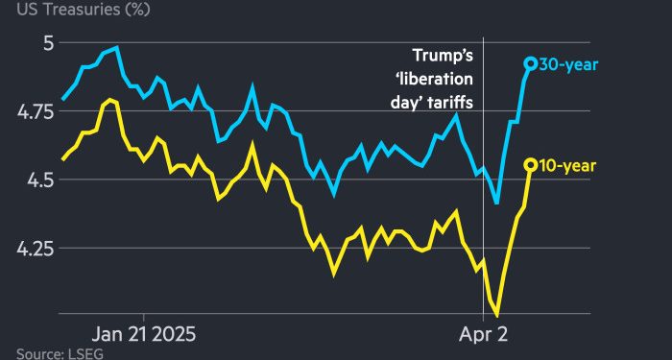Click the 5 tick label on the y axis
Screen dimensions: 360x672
(x=48, y=43)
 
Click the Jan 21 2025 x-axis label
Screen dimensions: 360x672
(x=143, y=336)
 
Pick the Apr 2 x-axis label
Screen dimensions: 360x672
(x=483, y=336)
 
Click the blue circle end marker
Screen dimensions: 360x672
(x=529, y=63)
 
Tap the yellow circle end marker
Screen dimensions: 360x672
(x=529, y=165)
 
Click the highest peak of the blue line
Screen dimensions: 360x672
(x=116, y=47)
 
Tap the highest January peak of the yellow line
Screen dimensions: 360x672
(x=110, y=99)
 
